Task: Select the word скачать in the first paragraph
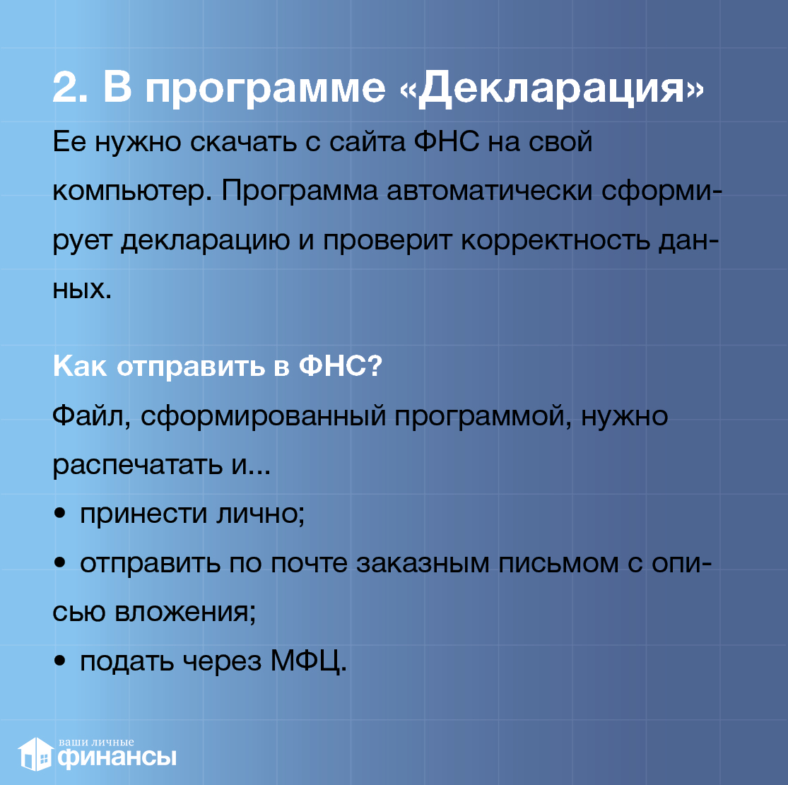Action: click(x=243, y=142)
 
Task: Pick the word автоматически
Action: click(x=490, y=191)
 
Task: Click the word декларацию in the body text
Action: click(x=205, y=241)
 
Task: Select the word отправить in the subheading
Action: click(x=191, y=367)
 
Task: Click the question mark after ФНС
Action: click(x=375, y=366)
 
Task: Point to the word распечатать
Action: click(x=137, y=466)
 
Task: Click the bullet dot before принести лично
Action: click(x=60, y=513)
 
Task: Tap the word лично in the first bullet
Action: click(x=260, y=514)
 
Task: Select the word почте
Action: click(x=309, y=563)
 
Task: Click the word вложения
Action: click(x=185, y=612)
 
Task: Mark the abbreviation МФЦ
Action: click(x=309, y=661)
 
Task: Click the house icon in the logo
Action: click(x=35, y=755)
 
